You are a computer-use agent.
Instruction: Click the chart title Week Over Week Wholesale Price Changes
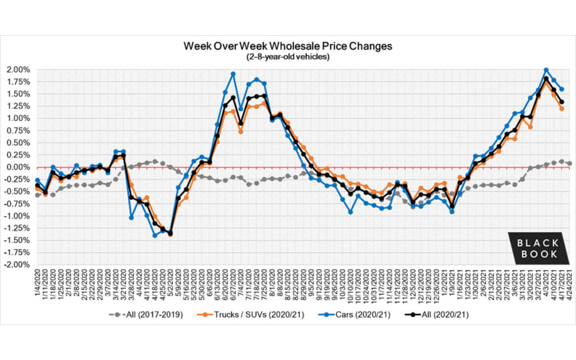(x=287, y=46)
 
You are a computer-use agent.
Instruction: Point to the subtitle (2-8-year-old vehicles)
(x=287, y=57)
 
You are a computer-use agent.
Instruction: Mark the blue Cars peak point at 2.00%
(x=546, y=70)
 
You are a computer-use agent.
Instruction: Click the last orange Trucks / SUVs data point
(x=562, y=108)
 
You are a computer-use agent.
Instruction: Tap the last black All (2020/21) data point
(x=562, y=102)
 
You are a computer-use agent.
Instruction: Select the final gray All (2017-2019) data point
(x=569, y=163)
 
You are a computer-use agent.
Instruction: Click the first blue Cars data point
(x=38, y=180)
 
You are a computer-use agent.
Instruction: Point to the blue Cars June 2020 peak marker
(x=233, y=74)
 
